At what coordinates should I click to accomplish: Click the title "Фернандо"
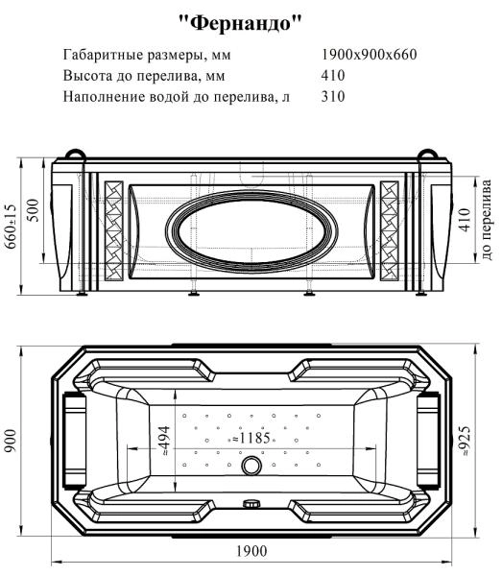click(x=251, y=20)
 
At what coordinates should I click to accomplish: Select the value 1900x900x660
click(x=370, y=56)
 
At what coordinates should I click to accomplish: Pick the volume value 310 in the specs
click(x=334, y=97)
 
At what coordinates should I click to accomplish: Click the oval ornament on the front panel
click(x=251, y=230)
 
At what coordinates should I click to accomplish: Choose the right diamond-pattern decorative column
click(x=391, y=231)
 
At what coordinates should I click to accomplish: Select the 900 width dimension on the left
click(x=12, y=444)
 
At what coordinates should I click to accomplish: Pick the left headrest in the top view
click(x=73, y=438)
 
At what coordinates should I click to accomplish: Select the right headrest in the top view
click(x=428, y=438)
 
